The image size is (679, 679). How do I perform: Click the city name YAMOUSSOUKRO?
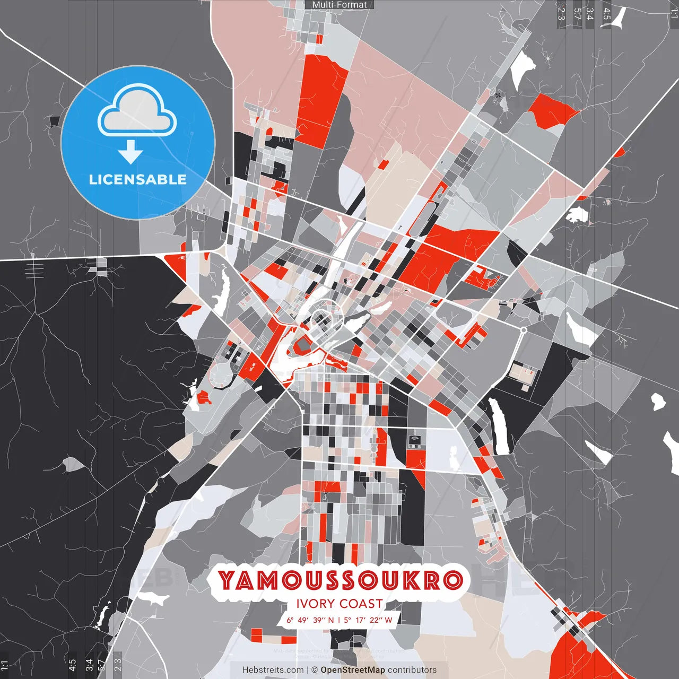pos(340,580)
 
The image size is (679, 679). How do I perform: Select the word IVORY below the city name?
pos(316,604)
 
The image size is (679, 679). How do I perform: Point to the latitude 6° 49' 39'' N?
pos(310,620)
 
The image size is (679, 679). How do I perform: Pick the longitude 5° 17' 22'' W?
pos(368,620)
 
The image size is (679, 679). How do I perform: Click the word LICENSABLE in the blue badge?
pos(138,179)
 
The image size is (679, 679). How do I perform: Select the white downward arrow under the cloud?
pos(130,153)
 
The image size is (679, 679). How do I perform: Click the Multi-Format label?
pos(339,5)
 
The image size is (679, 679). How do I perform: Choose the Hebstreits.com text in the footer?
pos(273,670)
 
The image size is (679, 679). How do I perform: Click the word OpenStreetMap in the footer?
pos(353,670)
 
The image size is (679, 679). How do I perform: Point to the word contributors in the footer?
pos(412,670)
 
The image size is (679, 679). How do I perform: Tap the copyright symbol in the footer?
pos(315,670)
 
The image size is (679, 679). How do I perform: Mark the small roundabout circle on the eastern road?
pos(524,330)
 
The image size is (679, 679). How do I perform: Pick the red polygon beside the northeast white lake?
pos(552,110)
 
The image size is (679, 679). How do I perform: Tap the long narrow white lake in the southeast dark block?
pos(498,427)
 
